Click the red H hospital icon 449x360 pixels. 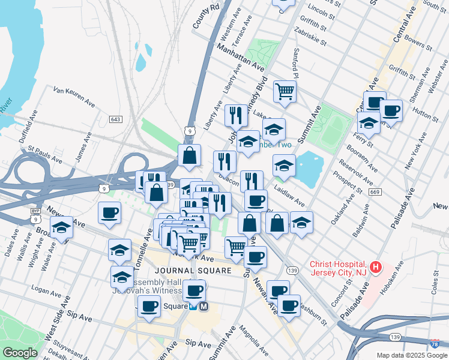376,267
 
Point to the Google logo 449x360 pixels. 20,353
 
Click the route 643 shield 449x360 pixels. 116,119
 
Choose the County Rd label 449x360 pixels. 206,18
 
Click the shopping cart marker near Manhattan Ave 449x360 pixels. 285,91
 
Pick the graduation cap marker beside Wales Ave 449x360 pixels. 61,228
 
